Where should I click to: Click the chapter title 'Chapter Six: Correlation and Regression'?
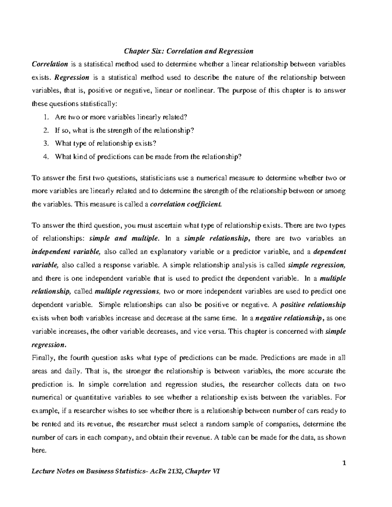tap(188, 51)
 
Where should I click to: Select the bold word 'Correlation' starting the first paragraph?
tap(50, 64)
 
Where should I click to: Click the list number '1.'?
tap(46, 117)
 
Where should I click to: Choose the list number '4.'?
tap(46, 157)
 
